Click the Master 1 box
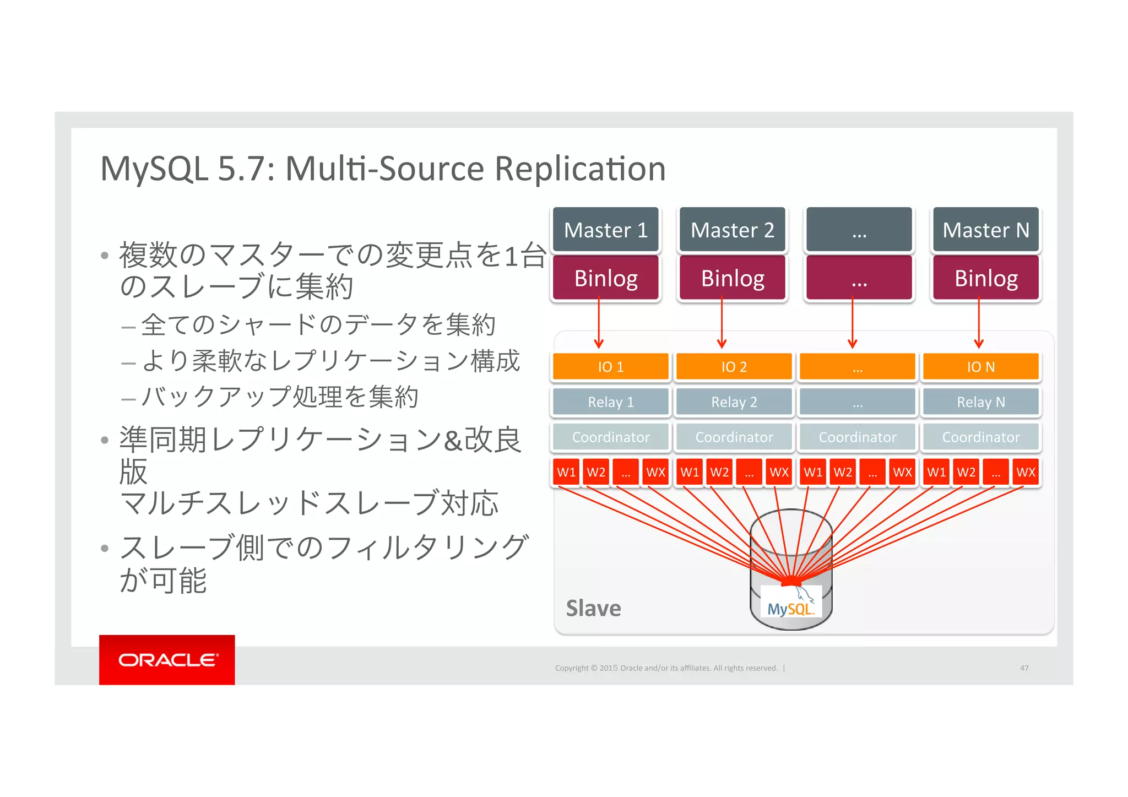(x=605, y=230)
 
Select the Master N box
(x=985, y=230)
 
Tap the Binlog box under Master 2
(x=733, y=278)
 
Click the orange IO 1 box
(x=610, y=367)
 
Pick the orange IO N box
(x=980, y=367)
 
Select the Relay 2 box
(x=734, y=402)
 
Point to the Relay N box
(x=980, y=402)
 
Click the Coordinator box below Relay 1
(x=610, y=437)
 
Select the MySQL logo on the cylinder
(x=791, y=606)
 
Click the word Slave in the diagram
(x=593, y=609)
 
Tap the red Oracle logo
(x=167, y=660)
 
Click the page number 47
(x=1024, y=668)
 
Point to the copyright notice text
(x=666, y=668)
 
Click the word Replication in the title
(x=580, y=169)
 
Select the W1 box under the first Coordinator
(x=566, y=472)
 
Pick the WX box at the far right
(x=1025, y=472)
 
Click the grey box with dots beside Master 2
(x=859, y=230)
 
